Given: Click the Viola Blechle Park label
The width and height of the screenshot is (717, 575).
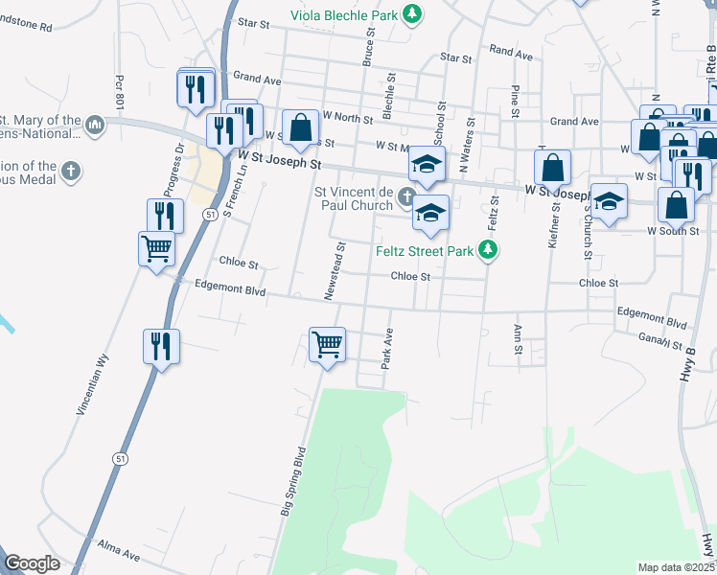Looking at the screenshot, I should [x=345, y=14].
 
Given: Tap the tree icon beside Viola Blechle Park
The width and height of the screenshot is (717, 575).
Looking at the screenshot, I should [x=412, y=13].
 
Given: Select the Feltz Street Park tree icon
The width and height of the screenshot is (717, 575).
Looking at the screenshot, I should [x=489, y=250].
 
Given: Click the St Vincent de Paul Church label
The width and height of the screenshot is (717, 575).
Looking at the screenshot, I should [x=355, y=198].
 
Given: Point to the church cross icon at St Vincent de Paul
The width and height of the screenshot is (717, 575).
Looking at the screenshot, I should [x=407, y=198].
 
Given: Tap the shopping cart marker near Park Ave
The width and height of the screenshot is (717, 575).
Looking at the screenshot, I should [x=327, y=345].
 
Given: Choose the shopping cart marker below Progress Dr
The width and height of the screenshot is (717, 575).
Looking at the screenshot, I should [x=156, y=250].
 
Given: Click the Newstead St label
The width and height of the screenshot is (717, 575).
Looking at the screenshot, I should [x=335, y=270].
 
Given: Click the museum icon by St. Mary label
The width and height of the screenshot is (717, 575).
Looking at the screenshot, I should [x=95, y=125].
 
